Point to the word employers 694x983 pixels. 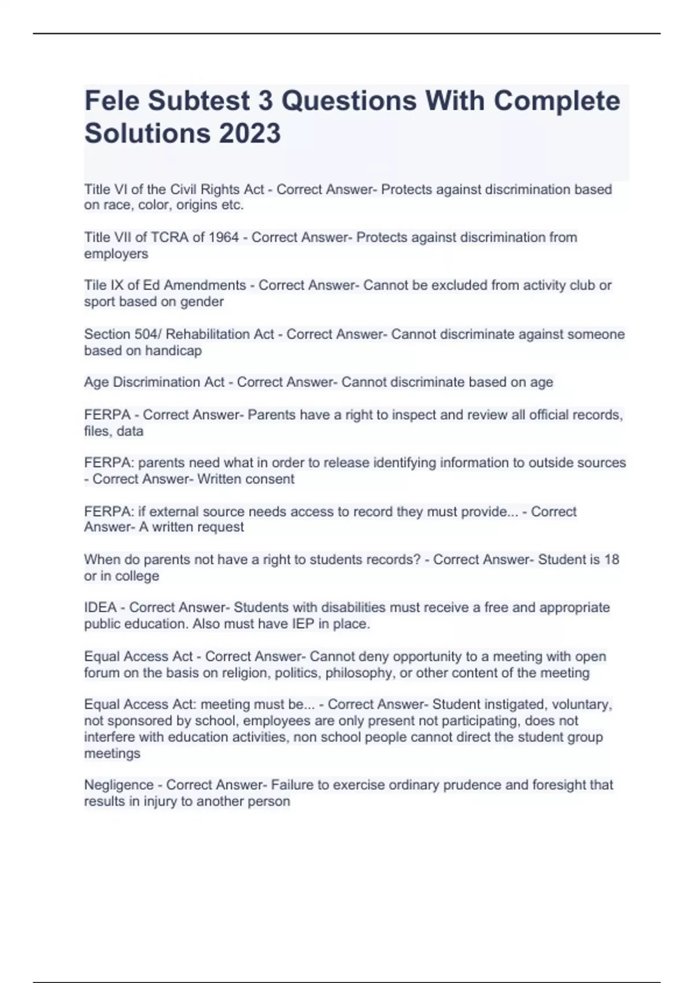pyautogui.click(x=116, y=254)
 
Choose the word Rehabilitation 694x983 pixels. pyautogui.click(x=220, y=334)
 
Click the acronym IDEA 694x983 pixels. pyautogui.click(x=100, y=608)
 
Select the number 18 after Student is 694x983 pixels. pyautogui.click(x=611, y=560)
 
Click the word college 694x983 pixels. pyautogui.click(x=137, y=576)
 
